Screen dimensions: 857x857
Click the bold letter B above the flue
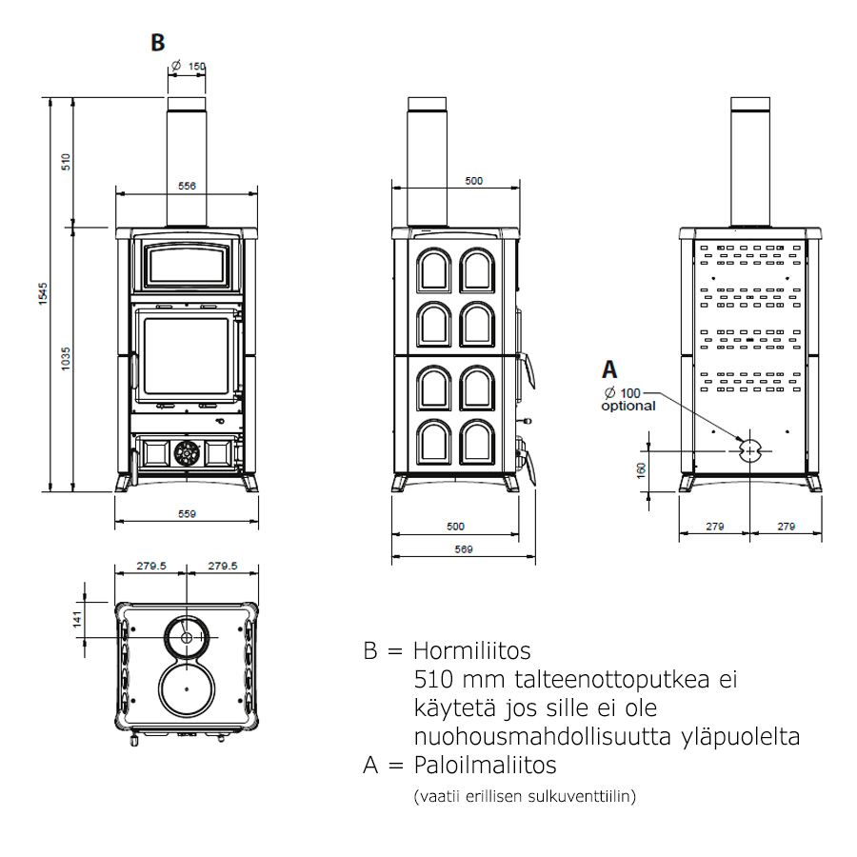pyautogui.click(x=158, y=42)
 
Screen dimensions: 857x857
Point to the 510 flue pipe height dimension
pyautogui.click(x=66, y=161)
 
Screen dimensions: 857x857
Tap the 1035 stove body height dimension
pyautogui.click(x=66, y=358)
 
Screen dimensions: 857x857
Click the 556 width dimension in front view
pyautogui.click(x=187, y=187)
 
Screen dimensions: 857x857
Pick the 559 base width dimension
pyautogui.click(x=187, y=514)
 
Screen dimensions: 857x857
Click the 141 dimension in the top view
pyautogui.click(x=79, y=619)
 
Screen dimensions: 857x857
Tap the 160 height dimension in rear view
pyautogui.click(x=641, y=468)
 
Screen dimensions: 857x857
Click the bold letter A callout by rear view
pyautogui.click(x=609, y=369)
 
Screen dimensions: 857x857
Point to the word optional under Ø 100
pyautogui.click(x=628, y=406)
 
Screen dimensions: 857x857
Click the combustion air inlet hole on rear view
pyautogui.click(x=749, y=448)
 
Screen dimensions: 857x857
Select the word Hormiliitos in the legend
pyautogui.click(x=472, y=651)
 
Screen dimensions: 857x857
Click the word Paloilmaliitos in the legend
pyautogui.click(x=485, y=765)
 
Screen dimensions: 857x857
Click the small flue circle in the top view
pyautogui.click(x=188, y=636)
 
